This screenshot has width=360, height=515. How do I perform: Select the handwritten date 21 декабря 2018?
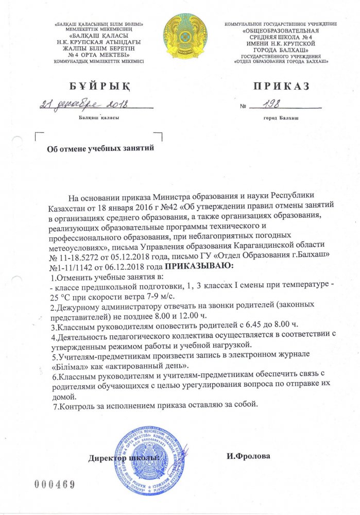pyautogui.click(x=84, y=105)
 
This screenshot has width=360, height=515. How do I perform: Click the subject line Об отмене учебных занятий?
pyautogui.click(x=101, y=148)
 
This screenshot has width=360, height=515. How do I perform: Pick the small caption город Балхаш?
pyautogui.click(x=280, y=118)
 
